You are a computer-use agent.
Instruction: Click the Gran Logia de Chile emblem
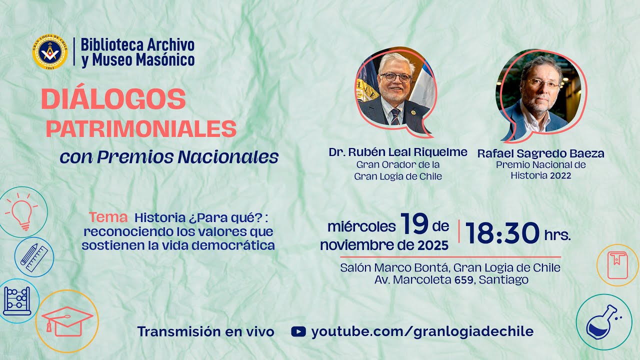[50, 52]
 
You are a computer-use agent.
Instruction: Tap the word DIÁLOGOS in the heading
[113, 99]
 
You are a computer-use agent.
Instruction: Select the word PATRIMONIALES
[141, 129]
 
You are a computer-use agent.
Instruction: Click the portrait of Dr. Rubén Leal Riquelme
[395, 90]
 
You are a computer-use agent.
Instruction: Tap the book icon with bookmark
[617, 265]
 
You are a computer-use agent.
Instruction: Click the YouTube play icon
[298, 331]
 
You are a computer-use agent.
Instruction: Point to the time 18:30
[502, 232]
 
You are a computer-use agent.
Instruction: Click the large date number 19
[414, 224]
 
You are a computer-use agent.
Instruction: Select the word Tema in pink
[108, 217]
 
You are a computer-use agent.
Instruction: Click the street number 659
[464, 280]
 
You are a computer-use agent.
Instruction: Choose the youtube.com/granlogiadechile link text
[422, 331]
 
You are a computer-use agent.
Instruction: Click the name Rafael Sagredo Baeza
[540, 153]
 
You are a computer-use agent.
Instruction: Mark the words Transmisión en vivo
[206, 331]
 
